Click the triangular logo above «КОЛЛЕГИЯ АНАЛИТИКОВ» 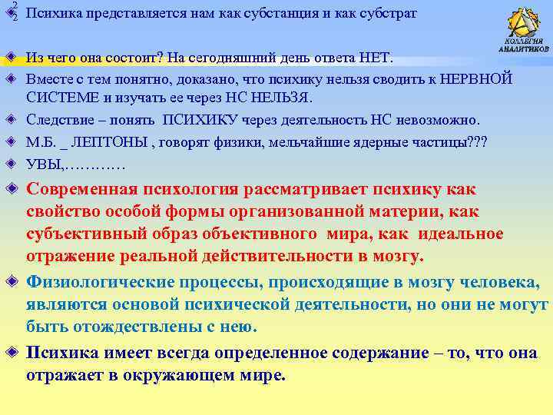pos(525,22)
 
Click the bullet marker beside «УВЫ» pos(11,163)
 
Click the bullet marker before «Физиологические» pos(11,281)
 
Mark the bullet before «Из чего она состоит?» pos(11,58)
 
